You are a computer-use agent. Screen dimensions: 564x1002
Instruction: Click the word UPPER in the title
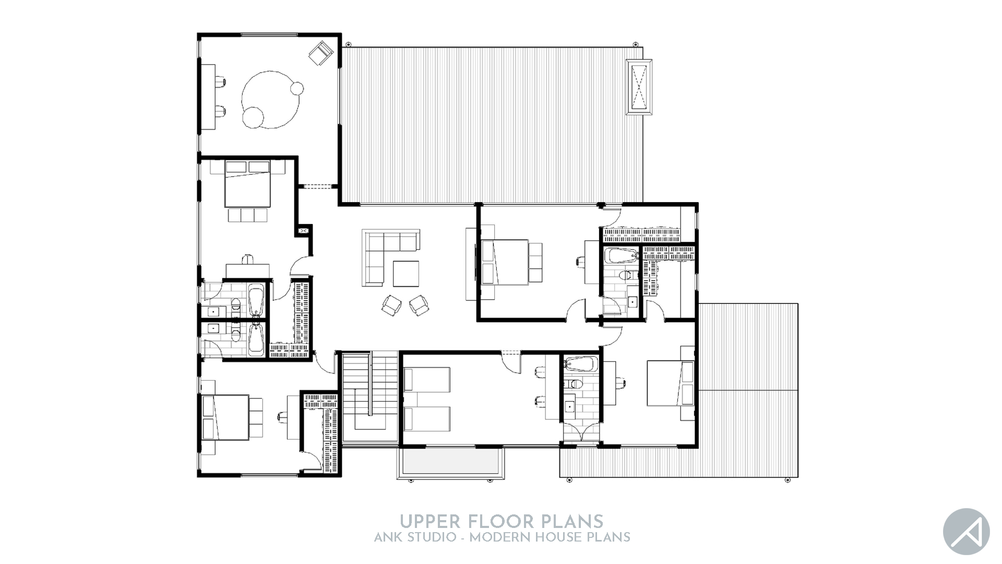(x=430, y=521)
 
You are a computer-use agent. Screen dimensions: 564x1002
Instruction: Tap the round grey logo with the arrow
(x=966, y=532)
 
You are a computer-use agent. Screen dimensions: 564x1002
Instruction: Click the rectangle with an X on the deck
(x=639, y=85)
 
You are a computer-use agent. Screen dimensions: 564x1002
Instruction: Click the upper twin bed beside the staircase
(x=427, y=379)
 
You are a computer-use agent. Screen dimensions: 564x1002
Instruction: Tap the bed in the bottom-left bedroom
(x=225, y=417)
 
